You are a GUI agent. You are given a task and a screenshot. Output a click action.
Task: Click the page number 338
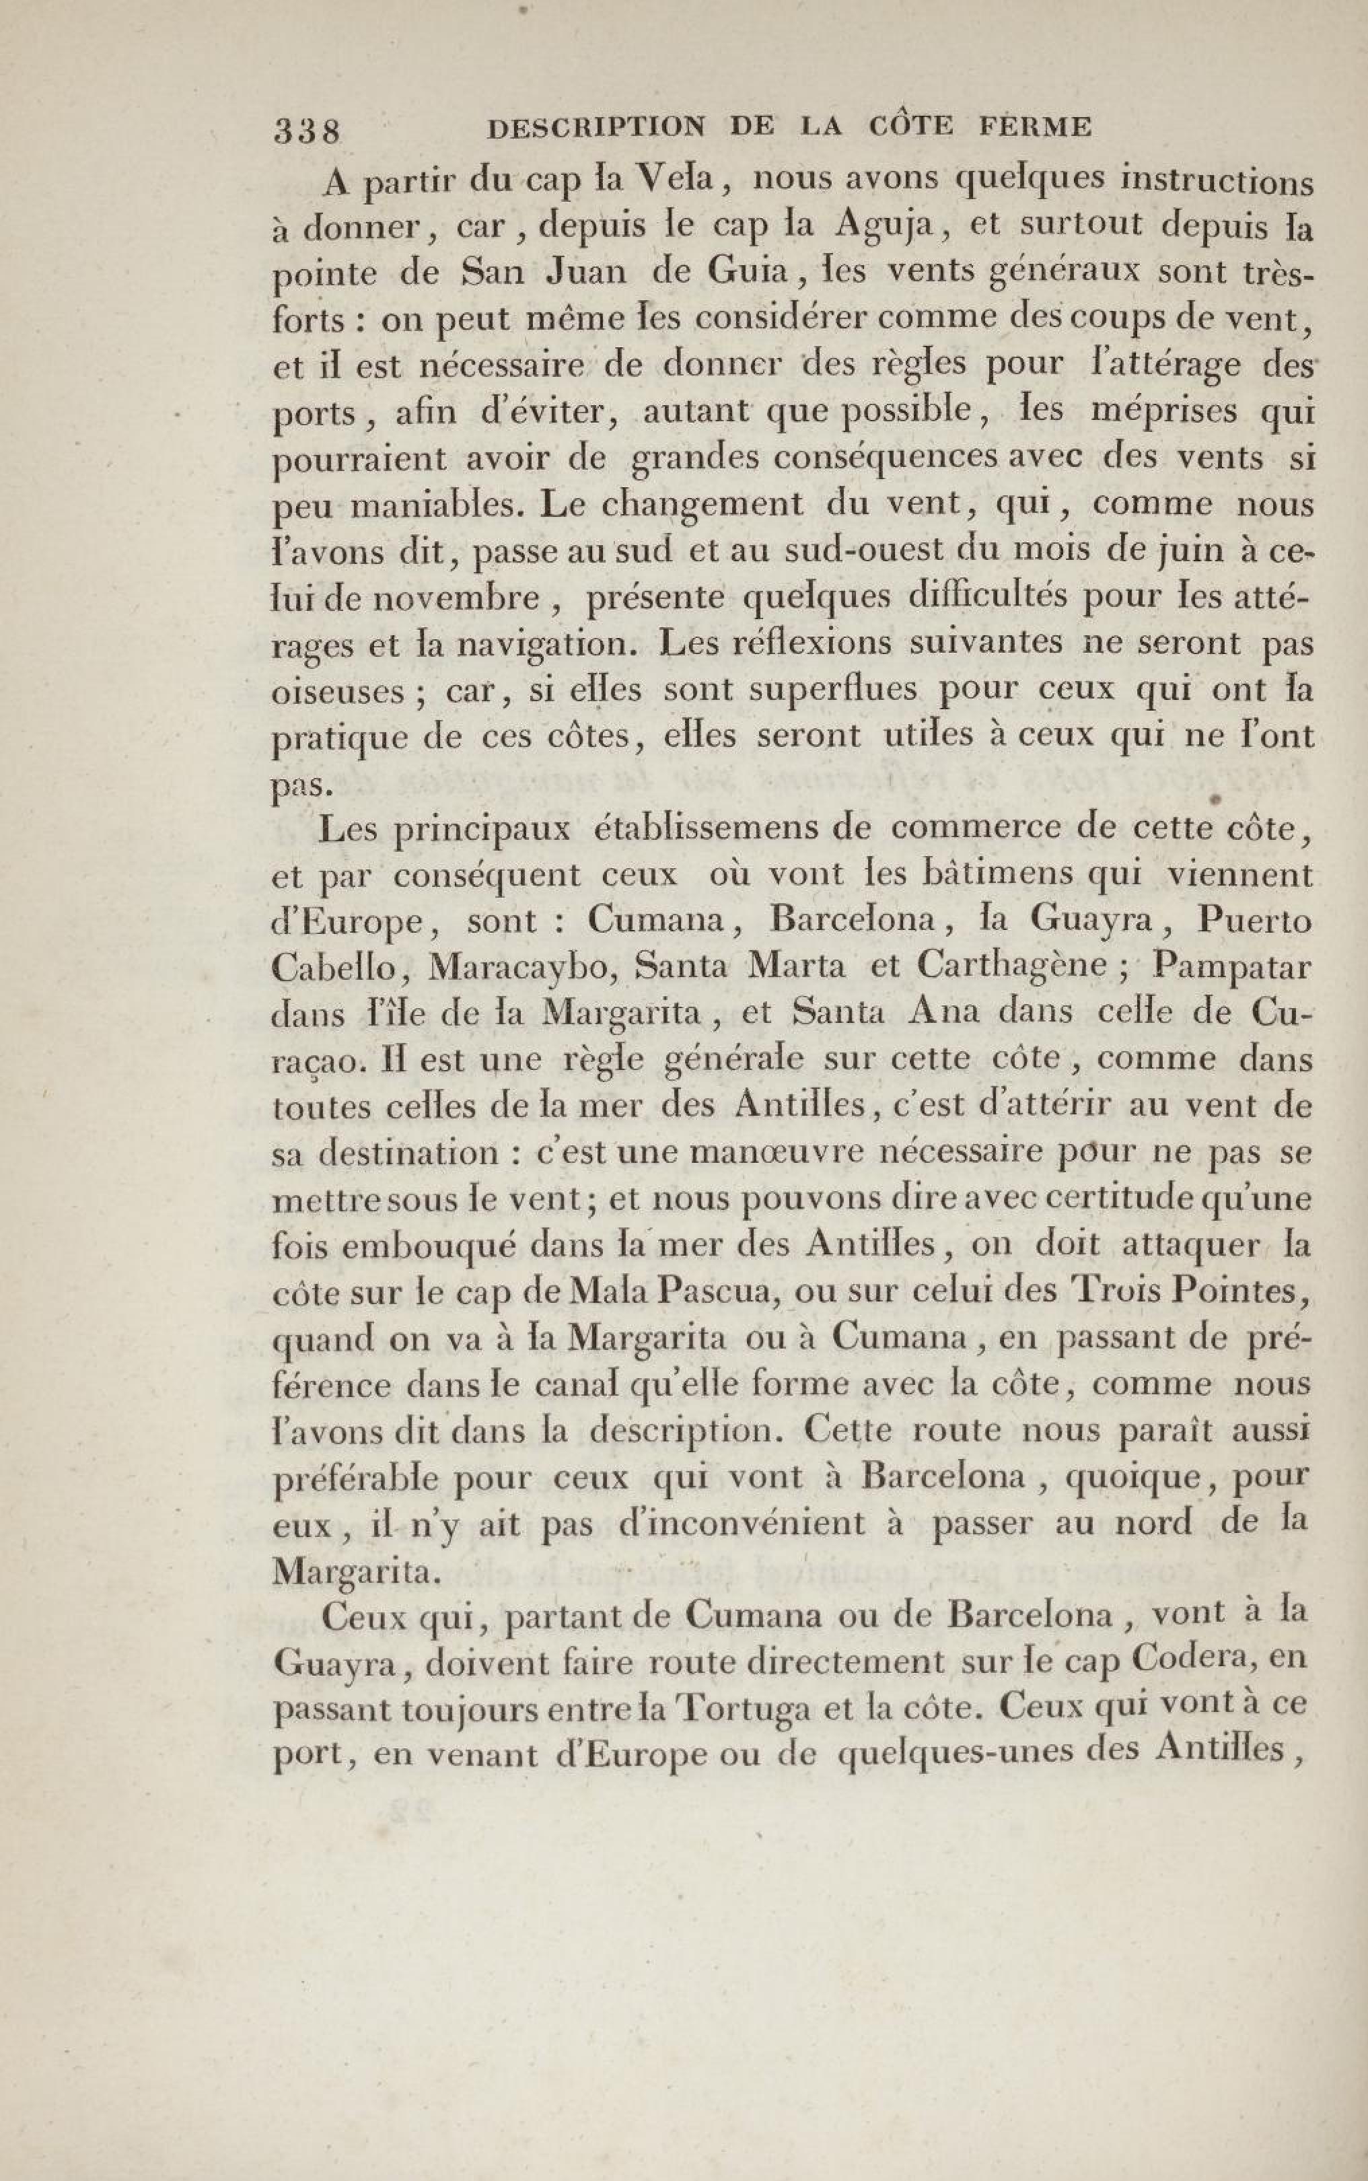coord(305,132)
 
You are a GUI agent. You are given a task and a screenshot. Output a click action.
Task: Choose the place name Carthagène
coord(1014,967)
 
